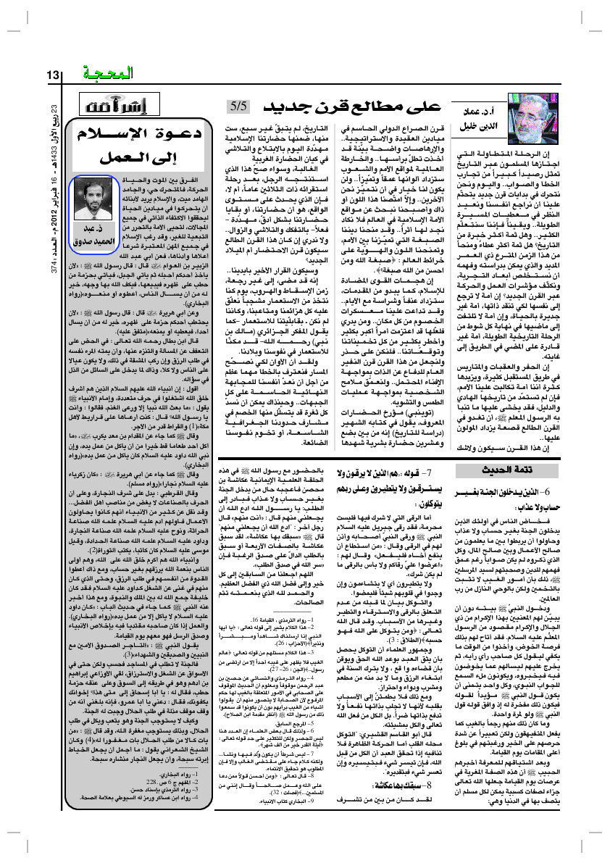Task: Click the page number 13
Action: coord(55,75)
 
